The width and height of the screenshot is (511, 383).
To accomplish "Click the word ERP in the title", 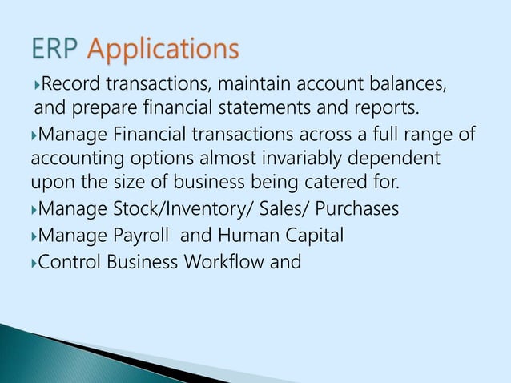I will click(54, 50).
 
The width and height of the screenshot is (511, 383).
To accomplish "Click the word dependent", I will click(396, 155).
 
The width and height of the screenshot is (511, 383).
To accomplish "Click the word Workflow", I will click(223, 261).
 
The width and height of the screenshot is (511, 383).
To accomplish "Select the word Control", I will click(68, 261).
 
